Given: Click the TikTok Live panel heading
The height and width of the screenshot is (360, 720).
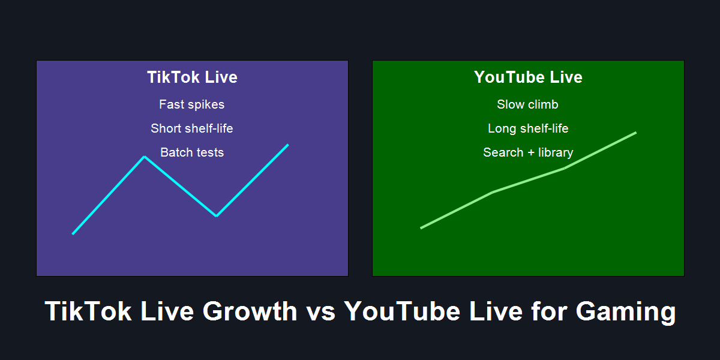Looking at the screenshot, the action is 192,77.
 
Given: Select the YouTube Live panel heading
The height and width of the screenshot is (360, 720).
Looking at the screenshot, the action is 528,77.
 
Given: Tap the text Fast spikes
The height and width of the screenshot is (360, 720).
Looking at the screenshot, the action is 192,104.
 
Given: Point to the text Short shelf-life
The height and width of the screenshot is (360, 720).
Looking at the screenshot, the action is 192,128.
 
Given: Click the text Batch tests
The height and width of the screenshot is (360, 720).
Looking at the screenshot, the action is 192,152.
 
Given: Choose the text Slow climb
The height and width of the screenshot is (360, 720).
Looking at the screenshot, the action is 527,104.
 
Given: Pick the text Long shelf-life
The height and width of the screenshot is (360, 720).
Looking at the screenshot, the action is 528,128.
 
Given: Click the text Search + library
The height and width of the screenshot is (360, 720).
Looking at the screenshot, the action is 528,152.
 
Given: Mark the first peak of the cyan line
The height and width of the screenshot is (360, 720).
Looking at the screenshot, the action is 145,157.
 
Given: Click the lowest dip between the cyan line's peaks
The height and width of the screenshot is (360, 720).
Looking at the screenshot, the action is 217,216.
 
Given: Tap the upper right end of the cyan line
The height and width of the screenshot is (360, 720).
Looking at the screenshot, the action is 289,145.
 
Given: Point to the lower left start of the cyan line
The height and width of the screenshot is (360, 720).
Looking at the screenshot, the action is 73,234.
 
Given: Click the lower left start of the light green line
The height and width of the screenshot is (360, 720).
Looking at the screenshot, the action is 421,228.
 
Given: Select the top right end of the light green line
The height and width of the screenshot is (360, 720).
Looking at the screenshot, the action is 636,133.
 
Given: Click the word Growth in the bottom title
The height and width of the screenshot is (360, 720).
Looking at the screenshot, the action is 250,311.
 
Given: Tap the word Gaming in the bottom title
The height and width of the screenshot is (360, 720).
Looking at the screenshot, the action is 626,312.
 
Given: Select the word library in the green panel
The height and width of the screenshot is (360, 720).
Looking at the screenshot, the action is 556,152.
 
